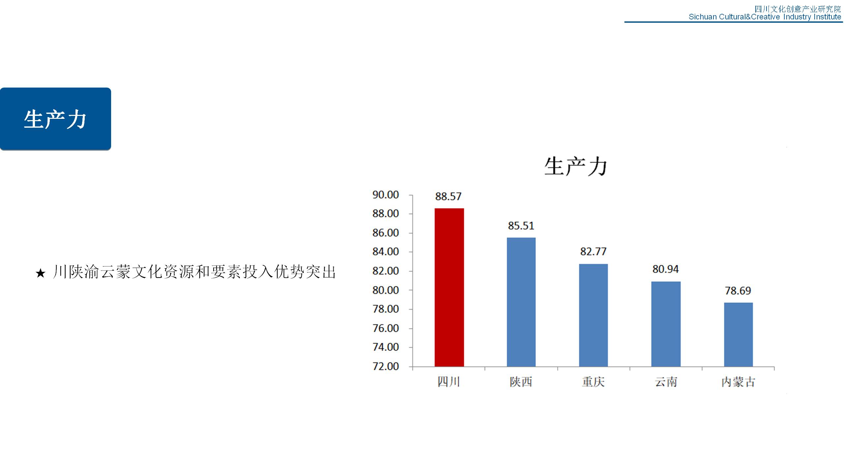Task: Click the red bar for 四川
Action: tap(449, 287)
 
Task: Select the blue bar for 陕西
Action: tap(521, 302)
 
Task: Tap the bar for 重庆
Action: tap(593, 315)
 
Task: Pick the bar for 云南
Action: tap(666, 324)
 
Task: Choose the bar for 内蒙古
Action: tap(738, 335)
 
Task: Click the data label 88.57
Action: tap(448, 197)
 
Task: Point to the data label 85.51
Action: tap(521, 226)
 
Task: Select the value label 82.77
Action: tap(593, 252)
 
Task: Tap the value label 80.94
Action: tap(666, 269)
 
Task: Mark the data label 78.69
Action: tap(738, 291)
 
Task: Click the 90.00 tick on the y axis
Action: tap(386, 195)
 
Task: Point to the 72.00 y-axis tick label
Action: tap(386, 366)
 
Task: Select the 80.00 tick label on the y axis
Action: tap(386, 290)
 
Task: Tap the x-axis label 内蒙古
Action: tap(738, 382)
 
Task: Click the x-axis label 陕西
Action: tap(521, 382)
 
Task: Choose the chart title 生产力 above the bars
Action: tap(576, 167)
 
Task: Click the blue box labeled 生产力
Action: tap(55, 119)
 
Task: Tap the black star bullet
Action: tap(40, 273)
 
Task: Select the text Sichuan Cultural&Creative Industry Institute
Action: tap(765, 17)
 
